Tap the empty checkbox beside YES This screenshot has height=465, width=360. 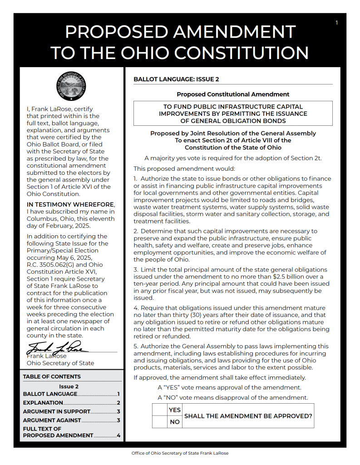[x=159, y=410]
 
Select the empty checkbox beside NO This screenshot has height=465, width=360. [x=159, y=422]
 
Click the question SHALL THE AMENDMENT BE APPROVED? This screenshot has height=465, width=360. [x=248, y=416]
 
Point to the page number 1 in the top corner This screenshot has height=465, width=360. [x=336, y=23]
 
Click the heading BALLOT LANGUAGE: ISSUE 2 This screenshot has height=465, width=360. [x=176, y=79]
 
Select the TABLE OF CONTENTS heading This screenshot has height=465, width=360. [x=52, y=376]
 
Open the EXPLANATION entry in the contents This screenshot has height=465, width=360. [x=43, y=403]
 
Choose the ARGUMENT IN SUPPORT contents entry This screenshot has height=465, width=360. [x=57, y=411]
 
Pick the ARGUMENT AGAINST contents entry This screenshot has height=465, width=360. [x=52, y=420]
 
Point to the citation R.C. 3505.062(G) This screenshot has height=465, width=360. [x=52, y=265]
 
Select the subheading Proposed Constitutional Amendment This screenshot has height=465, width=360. [x=233, y=94]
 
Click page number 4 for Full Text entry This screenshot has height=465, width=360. [x=118, y=435]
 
